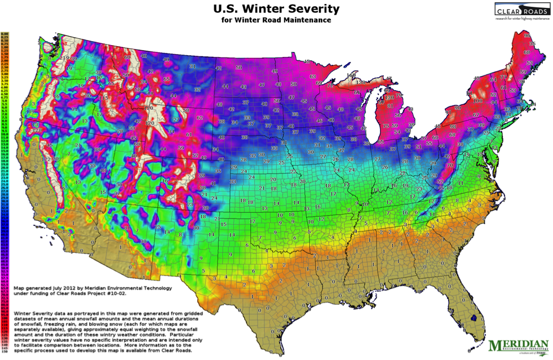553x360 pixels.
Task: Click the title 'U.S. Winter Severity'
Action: (x=276, y=8)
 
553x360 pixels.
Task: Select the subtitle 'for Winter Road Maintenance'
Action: (x=276, y=20)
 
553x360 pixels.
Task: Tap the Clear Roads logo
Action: (x=521, y=11)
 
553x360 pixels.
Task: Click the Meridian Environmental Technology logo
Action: (x=518, y=345)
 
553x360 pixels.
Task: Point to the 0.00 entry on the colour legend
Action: (x=6, y=34)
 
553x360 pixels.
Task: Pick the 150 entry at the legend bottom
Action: (x=6, y=352)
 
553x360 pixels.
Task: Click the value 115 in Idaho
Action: (x=104, y=97)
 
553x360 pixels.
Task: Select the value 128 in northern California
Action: (x=37, y=130)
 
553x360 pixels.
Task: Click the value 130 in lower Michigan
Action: (x=389, y=97)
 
